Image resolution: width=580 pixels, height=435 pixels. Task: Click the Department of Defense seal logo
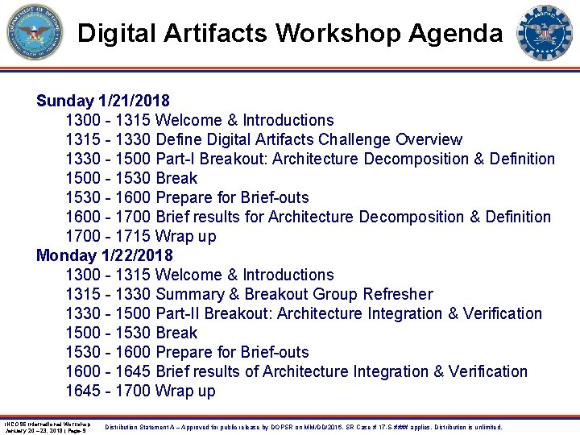pos(35,33)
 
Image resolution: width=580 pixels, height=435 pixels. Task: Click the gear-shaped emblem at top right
pos(545,33)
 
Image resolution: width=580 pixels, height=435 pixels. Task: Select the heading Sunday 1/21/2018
pos(102,101)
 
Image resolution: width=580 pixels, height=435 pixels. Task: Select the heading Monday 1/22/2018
pos(104,255)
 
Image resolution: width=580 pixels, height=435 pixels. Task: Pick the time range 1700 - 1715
pos(108,236)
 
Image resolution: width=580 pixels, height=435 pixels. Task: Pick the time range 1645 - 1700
pos(108,391)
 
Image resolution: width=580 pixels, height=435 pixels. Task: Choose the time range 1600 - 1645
pos(108,371)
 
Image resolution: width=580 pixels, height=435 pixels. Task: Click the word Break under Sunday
pos(176,178)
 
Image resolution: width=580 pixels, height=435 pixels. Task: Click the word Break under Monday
pos(176,333)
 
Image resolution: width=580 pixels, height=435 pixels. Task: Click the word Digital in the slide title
pos(115,33)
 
